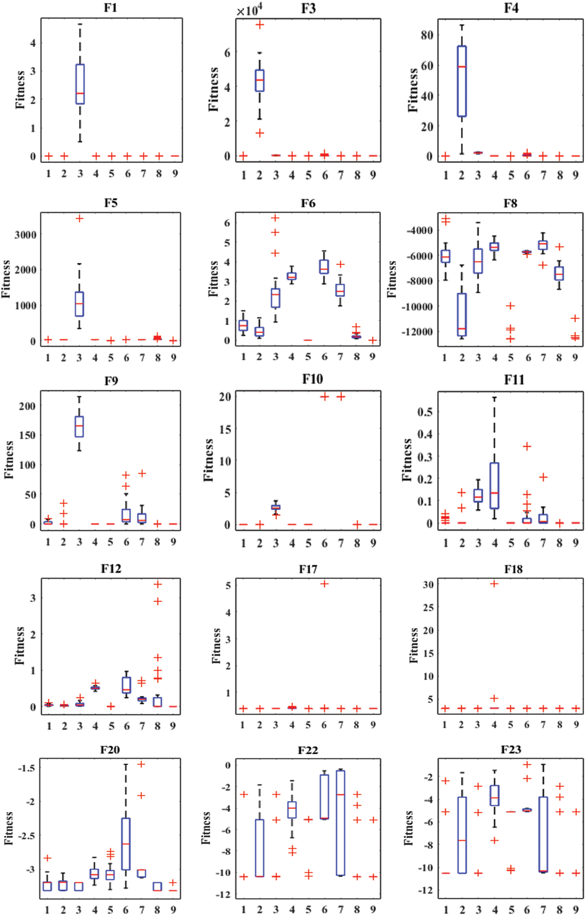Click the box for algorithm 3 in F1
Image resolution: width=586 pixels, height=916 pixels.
tap(80, 84)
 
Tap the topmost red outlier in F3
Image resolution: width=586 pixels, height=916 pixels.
tap(260, 25)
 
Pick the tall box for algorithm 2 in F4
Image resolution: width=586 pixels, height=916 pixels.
tap(461, 81)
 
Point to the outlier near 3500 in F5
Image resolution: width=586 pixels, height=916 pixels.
tap(79, 218)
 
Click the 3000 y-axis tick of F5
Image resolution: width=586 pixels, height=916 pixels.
tap(25, 235)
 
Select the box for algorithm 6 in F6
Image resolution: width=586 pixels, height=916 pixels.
tap(324, 266)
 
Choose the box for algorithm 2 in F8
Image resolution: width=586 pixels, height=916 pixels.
tap(461, 314)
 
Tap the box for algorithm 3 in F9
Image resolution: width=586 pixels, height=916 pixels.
tap(79, 427)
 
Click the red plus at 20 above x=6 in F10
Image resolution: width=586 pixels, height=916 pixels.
tap(324, 397)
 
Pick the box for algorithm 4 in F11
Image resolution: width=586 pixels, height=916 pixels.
tap(494, 486)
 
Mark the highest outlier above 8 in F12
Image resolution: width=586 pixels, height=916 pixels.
tap(158, 584)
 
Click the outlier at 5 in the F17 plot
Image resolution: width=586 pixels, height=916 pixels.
tap(324, 584)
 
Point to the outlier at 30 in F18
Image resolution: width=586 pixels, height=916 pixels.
tap(494, 584)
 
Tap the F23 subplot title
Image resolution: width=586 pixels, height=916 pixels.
tap(511, 750)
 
